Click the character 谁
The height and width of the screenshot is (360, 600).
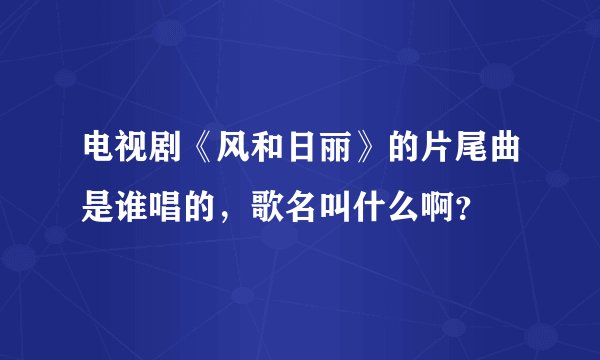click(130, 209)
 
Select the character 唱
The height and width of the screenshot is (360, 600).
click(162, 209)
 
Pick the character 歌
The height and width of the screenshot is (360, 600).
click(258, 209)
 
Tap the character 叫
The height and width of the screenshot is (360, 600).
click(322, 209)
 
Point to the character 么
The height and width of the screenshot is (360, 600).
click(386, 209)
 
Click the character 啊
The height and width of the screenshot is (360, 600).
click(418, 209)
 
